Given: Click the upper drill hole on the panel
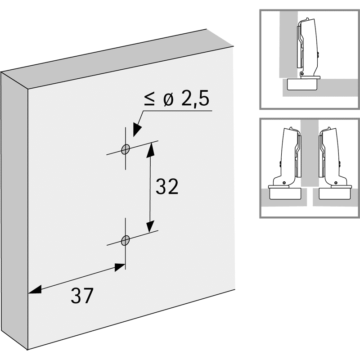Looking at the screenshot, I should tap(126, 149).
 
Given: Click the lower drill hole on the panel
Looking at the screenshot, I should tap(126, 239).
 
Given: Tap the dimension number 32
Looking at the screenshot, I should tap(167, 187).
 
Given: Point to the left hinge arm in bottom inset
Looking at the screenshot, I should tap(288, 153).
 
